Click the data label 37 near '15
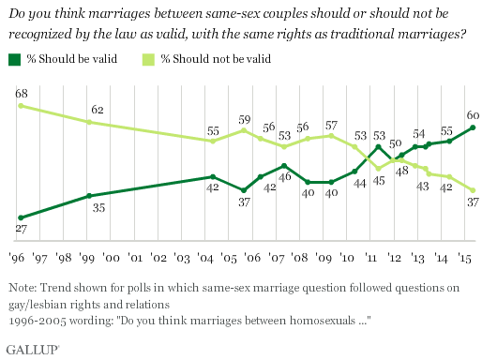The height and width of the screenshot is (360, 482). (473, 203)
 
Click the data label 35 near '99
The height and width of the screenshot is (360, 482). (96, 210)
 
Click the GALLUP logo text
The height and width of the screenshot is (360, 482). (32, 348)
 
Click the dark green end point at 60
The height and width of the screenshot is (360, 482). (473, 127)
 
